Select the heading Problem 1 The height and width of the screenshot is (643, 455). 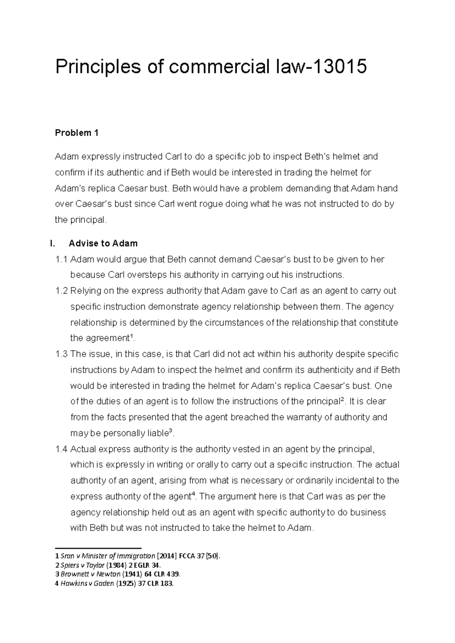[77, 133]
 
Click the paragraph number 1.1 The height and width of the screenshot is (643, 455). [61, 259]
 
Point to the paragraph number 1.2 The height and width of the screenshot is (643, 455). [61, 291]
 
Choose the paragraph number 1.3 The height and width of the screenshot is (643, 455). [61, 354]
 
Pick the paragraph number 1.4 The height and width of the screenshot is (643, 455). [61, 449]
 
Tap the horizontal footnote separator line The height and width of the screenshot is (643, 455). [98, 548]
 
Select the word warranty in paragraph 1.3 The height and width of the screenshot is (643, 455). [290, 417]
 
